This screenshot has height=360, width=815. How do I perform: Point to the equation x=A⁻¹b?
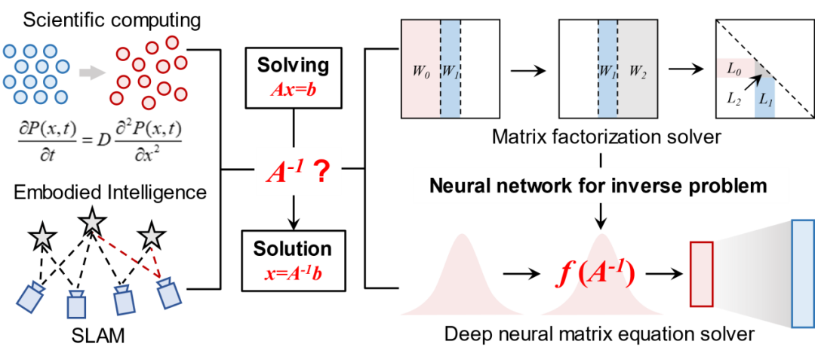tap(294, 272)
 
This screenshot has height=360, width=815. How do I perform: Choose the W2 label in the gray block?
tap(638, 74)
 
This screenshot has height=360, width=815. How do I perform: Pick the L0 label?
tap(734, 69)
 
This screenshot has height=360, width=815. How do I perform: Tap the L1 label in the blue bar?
tap(765, 99)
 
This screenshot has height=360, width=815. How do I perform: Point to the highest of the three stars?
tap(92, 221)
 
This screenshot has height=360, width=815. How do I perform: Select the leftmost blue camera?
tap(32, 296)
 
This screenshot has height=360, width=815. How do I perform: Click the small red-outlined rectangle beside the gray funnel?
tap(701, 275)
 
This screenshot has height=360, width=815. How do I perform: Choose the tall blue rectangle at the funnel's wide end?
tap(803, 273)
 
